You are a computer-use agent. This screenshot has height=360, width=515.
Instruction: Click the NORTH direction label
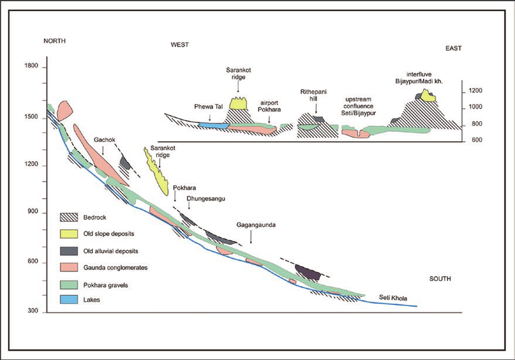(55, 41)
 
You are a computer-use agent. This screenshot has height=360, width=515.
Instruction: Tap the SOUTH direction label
(440, 279)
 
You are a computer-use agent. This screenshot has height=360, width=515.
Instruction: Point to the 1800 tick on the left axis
(31, 65)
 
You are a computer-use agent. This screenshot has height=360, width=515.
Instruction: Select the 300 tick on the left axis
(33, 311)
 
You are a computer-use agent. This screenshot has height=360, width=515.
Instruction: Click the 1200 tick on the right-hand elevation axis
(475, 91)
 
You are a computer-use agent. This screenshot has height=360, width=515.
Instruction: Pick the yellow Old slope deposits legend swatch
(69, 233)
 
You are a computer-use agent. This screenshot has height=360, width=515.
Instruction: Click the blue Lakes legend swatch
(69, 299)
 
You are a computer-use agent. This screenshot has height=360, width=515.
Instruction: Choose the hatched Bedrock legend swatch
(69, 217)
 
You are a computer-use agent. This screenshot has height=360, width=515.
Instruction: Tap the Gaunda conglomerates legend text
(115, 268)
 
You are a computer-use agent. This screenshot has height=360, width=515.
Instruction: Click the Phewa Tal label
(208, 107)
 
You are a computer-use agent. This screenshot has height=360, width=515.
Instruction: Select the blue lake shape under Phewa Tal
(213, 125)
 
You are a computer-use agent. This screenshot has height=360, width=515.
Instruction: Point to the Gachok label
(104, 140)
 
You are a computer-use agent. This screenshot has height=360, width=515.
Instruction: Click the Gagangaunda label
(256, 225)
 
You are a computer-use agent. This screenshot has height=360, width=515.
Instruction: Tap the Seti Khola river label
(393, 298)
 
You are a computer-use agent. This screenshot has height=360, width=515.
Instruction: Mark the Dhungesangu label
(206, 199)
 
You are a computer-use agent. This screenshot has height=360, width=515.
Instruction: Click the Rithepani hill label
(313, 95)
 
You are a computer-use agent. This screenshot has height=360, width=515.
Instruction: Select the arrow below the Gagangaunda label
(251, 236)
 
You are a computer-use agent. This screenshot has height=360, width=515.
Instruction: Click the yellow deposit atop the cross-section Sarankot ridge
(239, 104)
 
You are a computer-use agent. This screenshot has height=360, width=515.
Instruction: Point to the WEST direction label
(180, 45)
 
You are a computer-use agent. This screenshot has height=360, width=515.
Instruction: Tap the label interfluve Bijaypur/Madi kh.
(419, 78)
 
